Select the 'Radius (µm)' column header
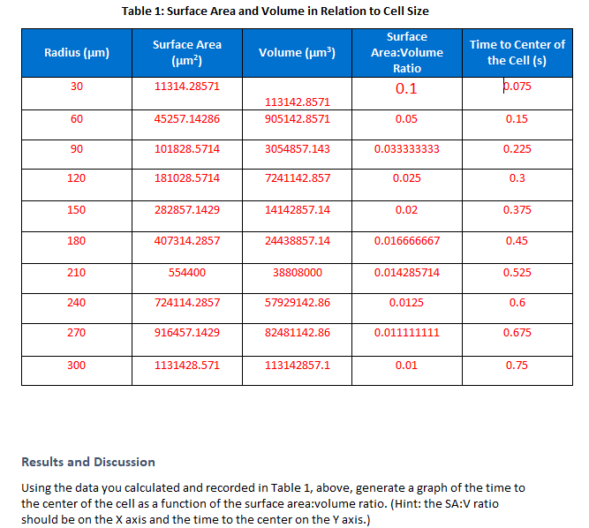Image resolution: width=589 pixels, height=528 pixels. click(x=77, y=53)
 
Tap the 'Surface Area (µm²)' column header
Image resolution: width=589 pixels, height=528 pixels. click(x=187, y=53)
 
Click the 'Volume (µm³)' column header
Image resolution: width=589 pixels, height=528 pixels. click(x=297, y=53)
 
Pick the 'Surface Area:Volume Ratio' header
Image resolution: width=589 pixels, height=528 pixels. click(x=407, y=53)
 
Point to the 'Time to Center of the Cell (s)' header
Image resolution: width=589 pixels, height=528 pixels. click(x=517, y=52)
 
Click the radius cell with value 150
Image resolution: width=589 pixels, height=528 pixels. click(x=77, y=210)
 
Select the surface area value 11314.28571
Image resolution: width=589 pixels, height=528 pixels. click(x=187, y=87)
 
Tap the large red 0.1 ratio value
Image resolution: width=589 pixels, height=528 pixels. click(x=407, y=89)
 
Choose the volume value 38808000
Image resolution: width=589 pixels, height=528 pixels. click(x=297, y=273)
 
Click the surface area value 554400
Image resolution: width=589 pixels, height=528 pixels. click(x=187, y=273)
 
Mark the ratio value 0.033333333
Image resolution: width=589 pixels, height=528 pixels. click(x=407, y=149)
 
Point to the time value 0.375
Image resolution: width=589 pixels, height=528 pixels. click(x=517, y=210)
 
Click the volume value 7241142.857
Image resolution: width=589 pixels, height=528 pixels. click(x=297, y=178)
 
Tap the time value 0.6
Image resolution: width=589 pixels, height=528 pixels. click(x=517, y=303)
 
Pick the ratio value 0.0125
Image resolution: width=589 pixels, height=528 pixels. click(x=407, y=303)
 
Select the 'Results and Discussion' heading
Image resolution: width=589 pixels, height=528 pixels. click(x=87, y=462)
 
